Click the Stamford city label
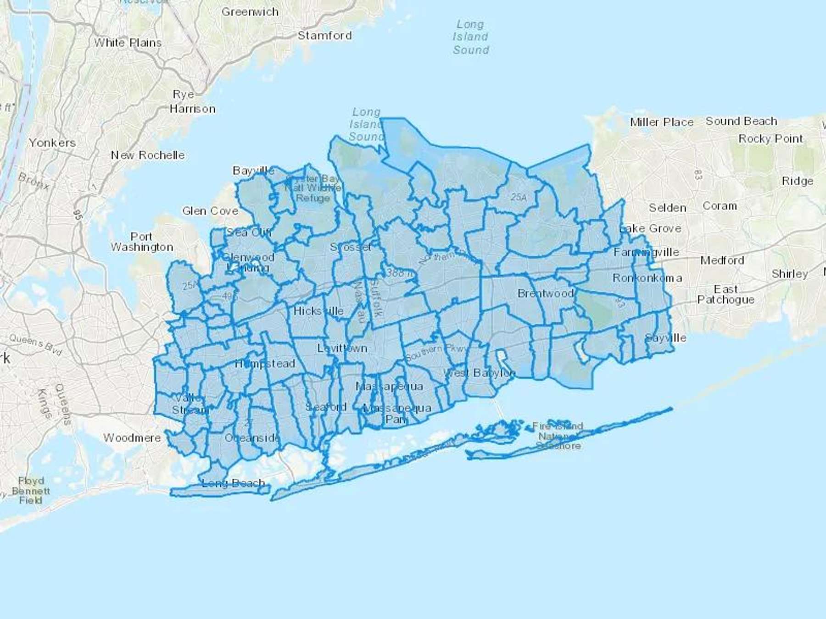324,35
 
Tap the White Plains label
128,43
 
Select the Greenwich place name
250,12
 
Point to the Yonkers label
52,143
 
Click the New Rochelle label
148,155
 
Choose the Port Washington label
142,242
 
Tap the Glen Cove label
210,211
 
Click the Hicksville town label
318,311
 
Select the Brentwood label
546,293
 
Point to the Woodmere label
132,438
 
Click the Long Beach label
234,483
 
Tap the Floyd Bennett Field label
31,490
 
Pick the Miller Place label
661,122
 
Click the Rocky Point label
770,138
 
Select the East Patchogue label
726,294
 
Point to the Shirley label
789,274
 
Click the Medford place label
722,260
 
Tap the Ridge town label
798,181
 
